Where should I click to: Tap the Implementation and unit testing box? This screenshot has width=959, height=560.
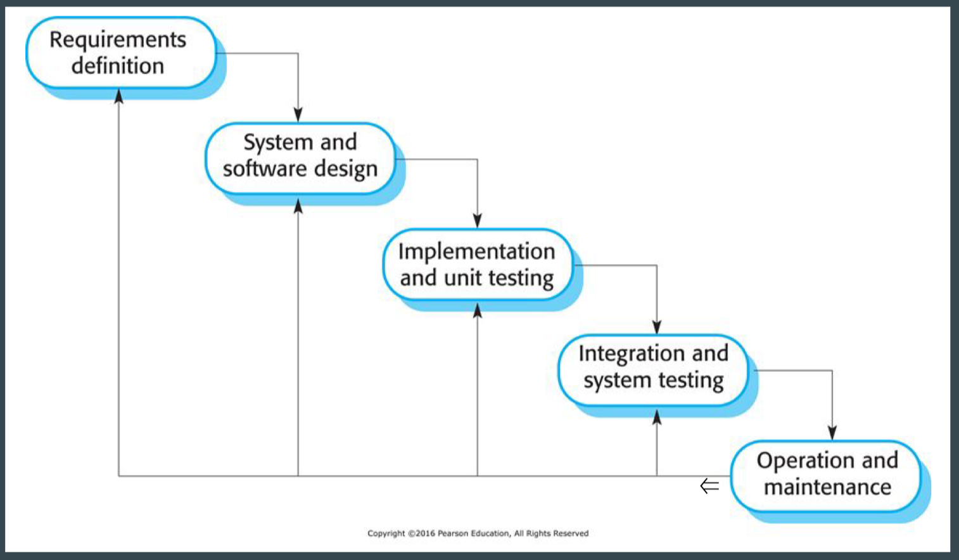477,265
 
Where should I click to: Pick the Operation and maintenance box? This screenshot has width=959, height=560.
826,476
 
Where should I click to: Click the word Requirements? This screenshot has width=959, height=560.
118,39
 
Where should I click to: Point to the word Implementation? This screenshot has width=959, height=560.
476,251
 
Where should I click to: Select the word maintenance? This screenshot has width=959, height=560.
827,487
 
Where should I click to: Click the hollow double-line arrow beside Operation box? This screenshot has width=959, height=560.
709,486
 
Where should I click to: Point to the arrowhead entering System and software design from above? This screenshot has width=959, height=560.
298,115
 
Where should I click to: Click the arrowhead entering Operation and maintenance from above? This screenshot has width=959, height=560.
832,433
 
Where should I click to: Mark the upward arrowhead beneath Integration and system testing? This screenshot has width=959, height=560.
657,417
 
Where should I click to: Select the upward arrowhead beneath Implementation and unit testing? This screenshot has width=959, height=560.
478,310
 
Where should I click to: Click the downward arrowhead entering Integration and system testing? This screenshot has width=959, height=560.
657,327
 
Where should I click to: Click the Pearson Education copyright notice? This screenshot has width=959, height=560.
478,533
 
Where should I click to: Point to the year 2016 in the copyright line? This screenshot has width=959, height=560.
426,533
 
